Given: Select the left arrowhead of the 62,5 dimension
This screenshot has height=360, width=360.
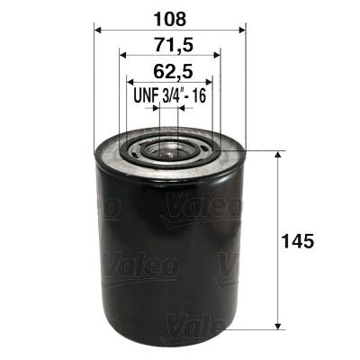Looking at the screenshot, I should click(129, 82).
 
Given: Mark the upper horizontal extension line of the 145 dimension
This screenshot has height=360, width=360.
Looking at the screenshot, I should click(261, 149).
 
